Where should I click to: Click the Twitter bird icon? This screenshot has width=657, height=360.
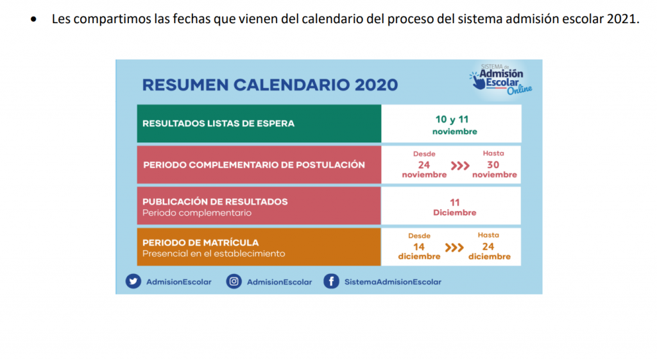pos(133,281)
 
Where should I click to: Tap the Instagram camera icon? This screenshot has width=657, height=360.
pos(234,281)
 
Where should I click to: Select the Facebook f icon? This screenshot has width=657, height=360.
pos(331,281)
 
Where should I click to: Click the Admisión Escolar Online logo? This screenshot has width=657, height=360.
pos(500,80)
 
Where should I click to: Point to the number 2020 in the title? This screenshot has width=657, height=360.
pos(376,85)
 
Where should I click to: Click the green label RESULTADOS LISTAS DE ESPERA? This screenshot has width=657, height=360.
pos(218,124)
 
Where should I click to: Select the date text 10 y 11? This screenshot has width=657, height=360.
pos(452,119)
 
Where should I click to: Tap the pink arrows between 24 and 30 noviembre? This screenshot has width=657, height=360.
pos(460,166)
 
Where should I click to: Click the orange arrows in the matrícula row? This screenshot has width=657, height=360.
pos(454,248)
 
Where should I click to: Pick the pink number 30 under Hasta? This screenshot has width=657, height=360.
pos(493,165)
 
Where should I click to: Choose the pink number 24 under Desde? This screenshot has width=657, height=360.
pos(424,165)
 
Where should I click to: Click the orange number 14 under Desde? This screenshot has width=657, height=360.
pos(419,247)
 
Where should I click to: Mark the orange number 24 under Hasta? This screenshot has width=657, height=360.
pos(488,246)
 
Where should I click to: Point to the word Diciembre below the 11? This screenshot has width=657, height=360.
pos(455,213)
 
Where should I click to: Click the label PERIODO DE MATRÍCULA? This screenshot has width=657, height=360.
pos(201,243)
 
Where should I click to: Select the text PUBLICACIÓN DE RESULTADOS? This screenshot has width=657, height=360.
pos(215,201)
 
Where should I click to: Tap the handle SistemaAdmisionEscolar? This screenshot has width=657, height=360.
pos(393,282)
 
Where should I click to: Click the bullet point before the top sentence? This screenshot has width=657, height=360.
pos(33,19)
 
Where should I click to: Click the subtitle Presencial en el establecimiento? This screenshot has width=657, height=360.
pos(214,253)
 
